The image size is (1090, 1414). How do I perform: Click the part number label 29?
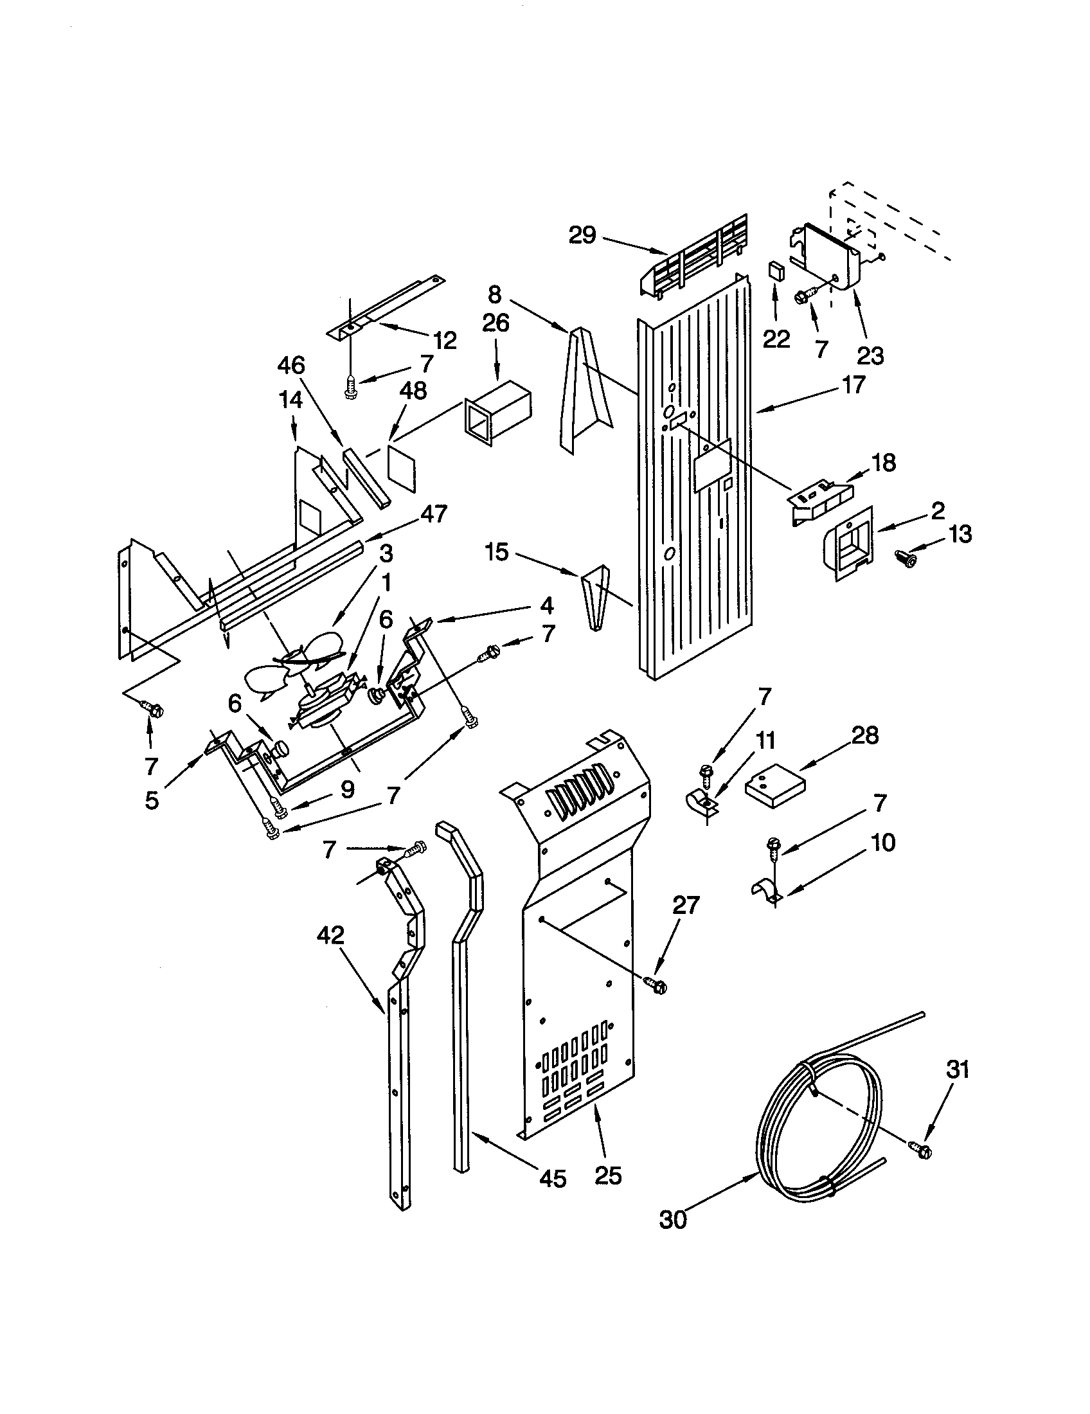[582, 236]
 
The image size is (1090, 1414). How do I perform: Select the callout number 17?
[853, 384]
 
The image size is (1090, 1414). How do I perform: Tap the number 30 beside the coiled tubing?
[672, 1220]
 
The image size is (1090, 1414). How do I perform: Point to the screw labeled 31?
[922, 1149]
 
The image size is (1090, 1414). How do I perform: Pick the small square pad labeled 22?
[776, 270]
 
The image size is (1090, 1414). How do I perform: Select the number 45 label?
[552, 1178]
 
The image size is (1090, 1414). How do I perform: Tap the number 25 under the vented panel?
[608, 1175]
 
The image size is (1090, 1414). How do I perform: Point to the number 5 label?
[152, 800]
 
